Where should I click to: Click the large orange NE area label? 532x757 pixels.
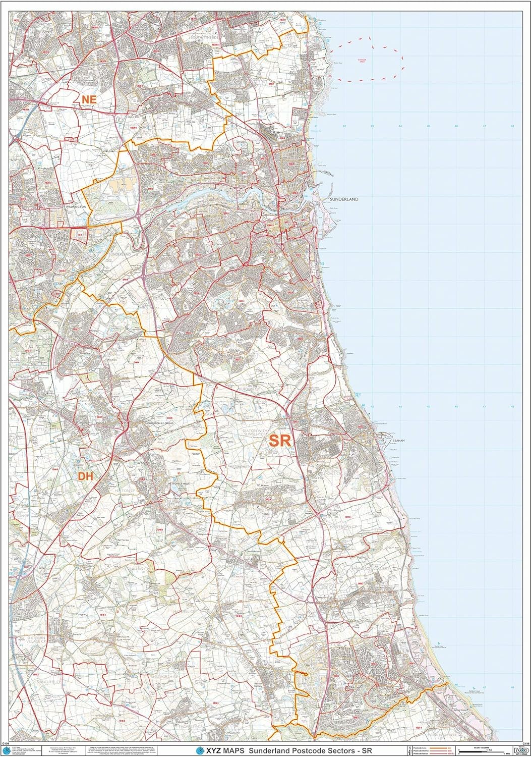(88, 100)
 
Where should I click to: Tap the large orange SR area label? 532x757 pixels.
(279, 440)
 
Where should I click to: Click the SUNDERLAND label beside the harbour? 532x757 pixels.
(344, 199)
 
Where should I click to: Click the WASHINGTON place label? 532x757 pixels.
(76, 207)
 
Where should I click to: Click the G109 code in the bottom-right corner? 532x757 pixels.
(525, 744)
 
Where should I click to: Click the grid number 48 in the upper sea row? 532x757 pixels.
(512, 126)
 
